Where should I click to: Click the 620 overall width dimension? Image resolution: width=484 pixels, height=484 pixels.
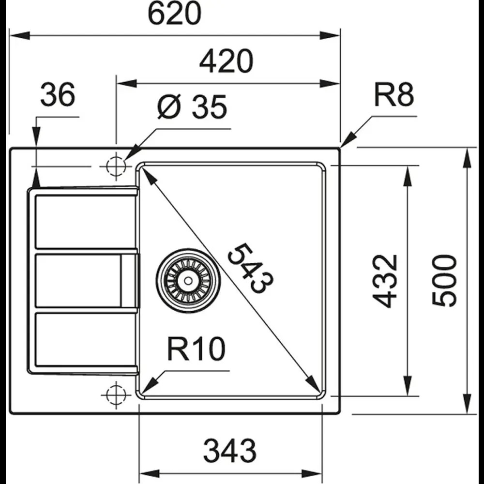[174, 15]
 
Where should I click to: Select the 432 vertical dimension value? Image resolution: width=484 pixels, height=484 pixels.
[387, 281]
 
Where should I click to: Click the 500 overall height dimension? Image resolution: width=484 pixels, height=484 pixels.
[445, 281]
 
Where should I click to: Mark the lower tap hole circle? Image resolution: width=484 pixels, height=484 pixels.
[116, 393]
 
